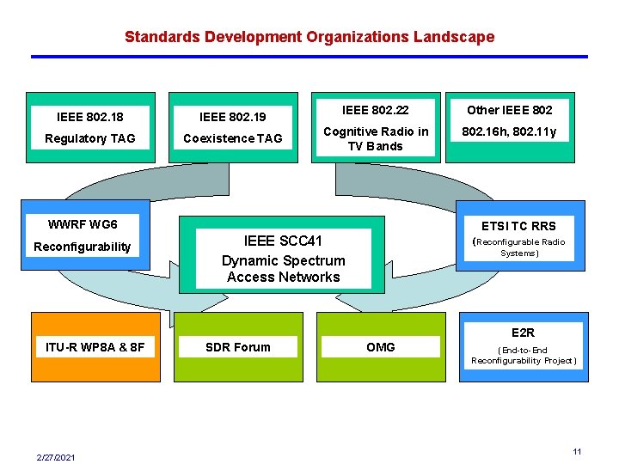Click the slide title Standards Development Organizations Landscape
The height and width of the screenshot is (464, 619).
click(x=309, y=37)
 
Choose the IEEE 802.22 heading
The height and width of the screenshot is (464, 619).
click(x=375, y=109)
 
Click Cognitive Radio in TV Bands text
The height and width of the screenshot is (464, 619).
click(x=375, y=138)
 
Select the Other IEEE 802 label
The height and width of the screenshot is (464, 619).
click(x=510, y=109)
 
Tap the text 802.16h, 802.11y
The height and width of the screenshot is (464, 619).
click(x=510, y=131)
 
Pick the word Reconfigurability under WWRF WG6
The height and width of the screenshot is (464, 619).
click(x=82, y=247)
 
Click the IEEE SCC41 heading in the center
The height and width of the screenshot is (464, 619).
click(x=283, y=241)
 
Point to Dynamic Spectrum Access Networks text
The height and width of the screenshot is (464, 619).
click(x=283, y=268)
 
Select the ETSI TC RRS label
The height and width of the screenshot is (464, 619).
click(x=518, y=226)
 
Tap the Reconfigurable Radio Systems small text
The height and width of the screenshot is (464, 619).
click(x=521, y=247)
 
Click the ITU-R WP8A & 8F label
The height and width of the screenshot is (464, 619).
click(x=95, y=347)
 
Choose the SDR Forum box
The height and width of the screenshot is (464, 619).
click(x=237, y=347)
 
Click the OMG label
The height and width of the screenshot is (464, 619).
click(x=380, y=347)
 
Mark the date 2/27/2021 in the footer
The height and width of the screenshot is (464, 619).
click(x=56, y=457)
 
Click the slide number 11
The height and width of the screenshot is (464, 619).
click(x=578, y=451)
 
